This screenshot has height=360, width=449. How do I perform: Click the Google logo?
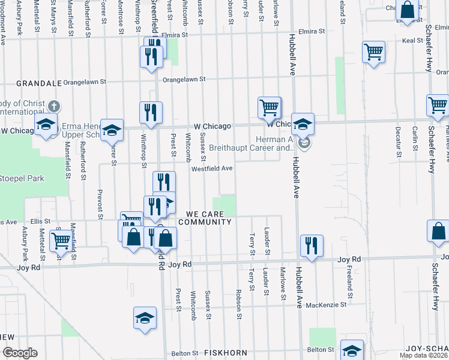point(19,353)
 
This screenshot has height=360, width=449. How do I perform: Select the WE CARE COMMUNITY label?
point(208,218)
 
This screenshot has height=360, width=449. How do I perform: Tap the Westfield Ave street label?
point(212,169)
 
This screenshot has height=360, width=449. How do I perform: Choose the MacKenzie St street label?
point(326,305)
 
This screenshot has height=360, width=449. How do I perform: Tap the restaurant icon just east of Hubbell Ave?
point(312,245)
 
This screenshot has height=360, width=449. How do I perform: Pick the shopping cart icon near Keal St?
point(373,53)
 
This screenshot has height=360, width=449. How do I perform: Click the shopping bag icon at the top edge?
point(407,11)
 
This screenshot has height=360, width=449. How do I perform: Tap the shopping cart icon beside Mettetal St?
point(60,241)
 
